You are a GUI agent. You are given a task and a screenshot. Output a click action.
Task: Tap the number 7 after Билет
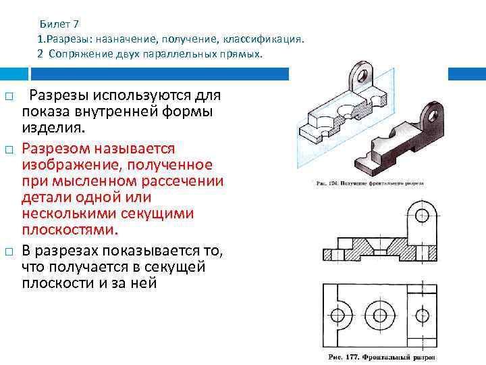coord(77,25)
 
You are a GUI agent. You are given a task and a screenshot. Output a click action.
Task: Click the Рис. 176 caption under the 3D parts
coord(369,183)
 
